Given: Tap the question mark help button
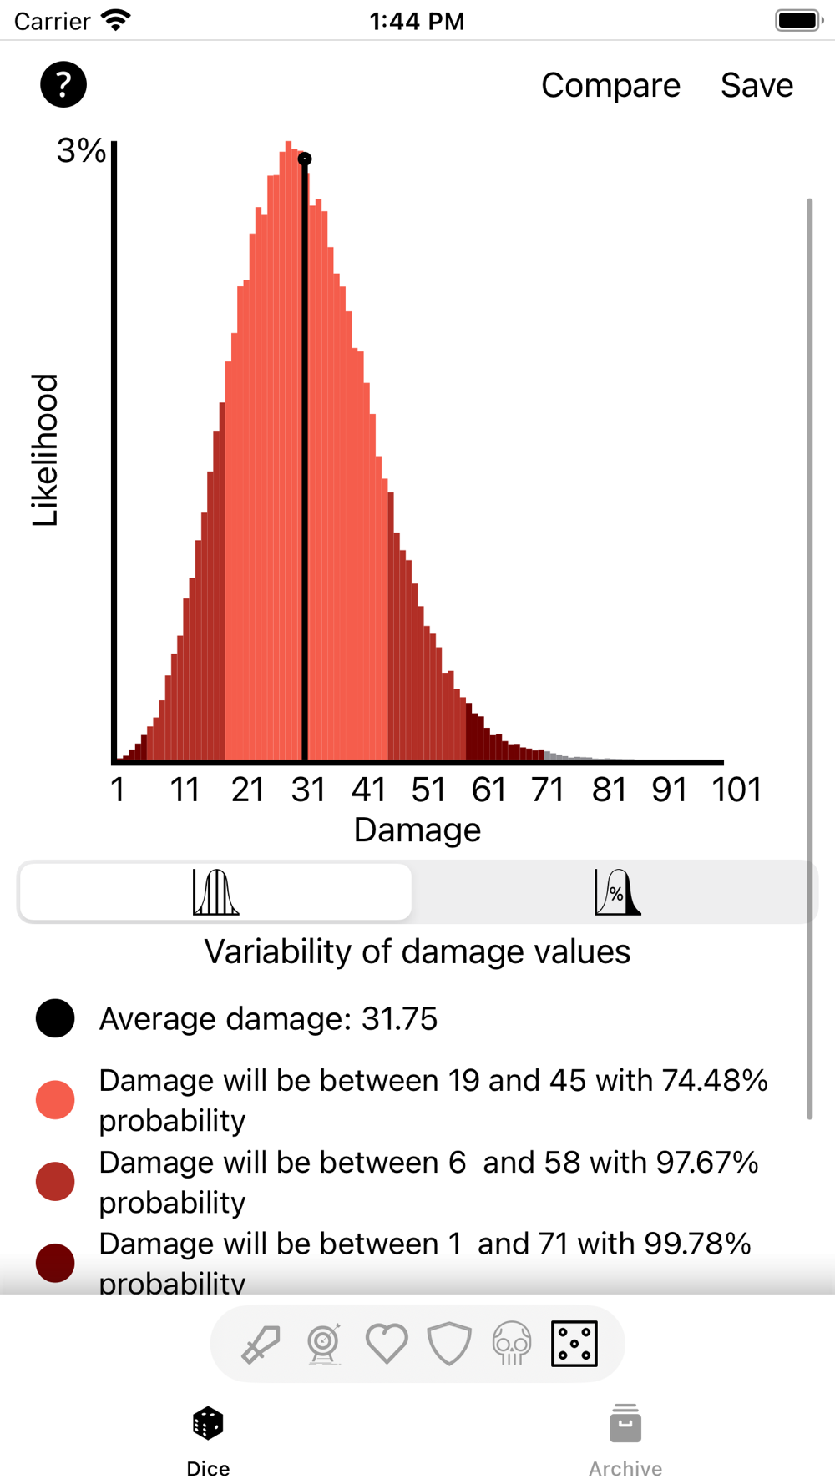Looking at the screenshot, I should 63,84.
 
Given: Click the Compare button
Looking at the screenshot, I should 610,85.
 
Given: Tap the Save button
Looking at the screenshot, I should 757,85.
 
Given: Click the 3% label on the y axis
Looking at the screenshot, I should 81,151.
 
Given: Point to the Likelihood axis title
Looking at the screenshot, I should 45,450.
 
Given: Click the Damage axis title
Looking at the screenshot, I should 417,830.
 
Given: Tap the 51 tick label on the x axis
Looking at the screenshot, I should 428,790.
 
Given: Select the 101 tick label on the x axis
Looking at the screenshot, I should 736,790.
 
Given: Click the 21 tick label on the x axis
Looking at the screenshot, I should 247,790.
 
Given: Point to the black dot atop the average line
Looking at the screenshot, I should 305,159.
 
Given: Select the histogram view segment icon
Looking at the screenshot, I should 215,892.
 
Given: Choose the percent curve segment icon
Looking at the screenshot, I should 617,892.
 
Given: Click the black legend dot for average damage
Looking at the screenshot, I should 55,1018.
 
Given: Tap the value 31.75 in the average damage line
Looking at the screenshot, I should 399,1019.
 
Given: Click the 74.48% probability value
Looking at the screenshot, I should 715,1080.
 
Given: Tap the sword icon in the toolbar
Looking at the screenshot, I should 261,1344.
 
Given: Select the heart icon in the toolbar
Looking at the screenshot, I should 387,1344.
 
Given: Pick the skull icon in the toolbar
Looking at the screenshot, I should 512,1344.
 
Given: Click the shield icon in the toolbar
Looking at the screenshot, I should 449,1344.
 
